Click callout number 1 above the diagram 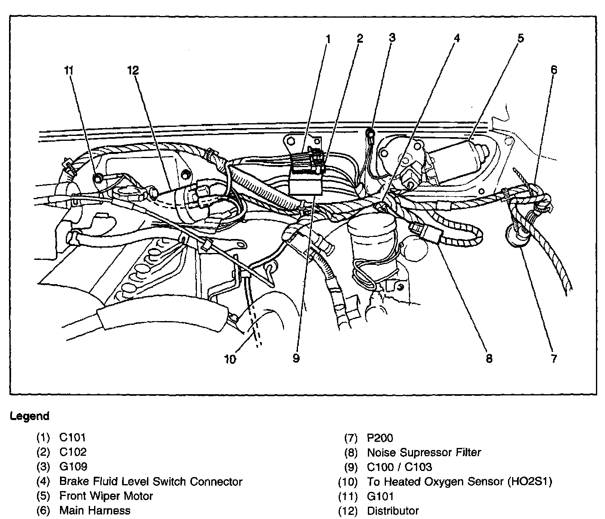point(328,39)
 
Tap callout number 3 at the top point(392,38)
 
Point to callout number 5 point(520,39)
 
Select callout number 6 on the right point(554,70)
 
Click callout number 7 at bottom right point(554,358)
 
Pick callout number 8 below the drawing point(489,358)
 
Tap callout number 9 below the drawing point(296,358)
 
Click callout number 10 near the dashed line point(230,359)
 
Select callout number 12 point(133,70)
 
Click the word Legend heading point(30,416)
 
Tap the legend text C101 point(72,437)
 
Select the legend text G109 point(73,466)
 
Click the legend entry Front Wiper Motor point(106,496)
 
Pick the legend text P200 point(380,438)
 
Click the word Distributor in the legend point(393,511)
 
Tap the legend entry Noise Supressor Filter point(423,452)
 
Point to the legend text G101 point(380,496)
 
